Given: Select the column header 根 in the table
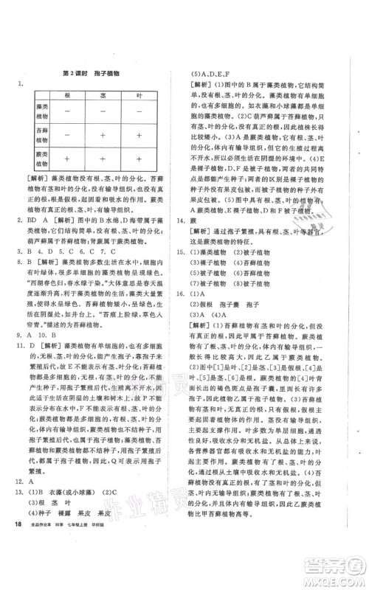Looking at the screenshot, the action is (68, 96).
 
